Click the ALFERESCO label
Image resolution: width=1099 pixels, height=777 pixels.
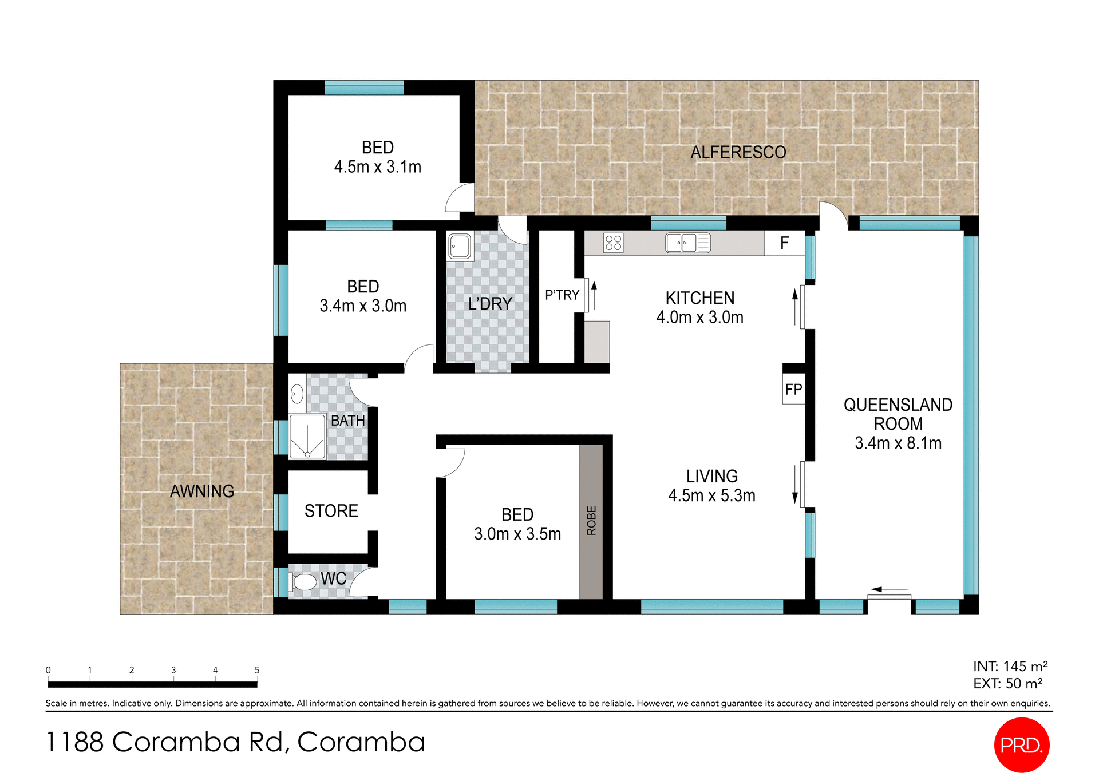738,152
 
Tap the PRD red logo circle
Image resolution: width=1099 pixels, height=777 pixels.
1021,744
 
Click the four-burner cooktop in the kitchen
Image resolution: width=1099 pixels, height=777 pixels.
613,243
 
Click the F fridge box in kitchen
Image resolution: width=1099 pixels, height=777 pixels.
784,243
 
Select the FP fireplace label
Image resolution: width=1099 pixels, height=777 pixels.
793,390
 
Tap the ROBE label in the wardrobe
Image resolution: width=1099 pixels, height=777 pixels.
591,520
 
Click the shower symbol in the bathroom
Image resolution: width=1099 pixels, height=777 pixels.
307,437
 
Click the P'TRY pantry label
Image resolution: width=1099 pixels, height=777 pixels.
562,295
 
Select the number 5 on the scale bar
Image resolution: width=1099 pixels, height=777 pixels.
257,670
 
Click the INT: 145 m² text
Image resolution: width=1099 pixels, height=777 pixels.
1010,667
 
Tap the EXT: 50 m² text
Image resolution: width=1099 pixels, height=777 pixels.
1007,684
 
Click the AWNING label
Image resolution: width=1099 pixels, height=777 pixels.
202,491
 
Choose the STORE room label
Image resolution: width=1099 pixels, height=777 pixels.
331,510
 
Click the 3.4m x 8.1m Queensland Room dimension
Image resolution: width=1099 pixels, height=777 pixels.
898,443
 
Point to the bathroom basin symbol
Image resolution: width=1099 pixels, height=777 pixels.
297,394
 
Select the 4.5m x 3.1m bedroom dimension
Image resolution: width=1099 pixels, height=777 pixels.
377,167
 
